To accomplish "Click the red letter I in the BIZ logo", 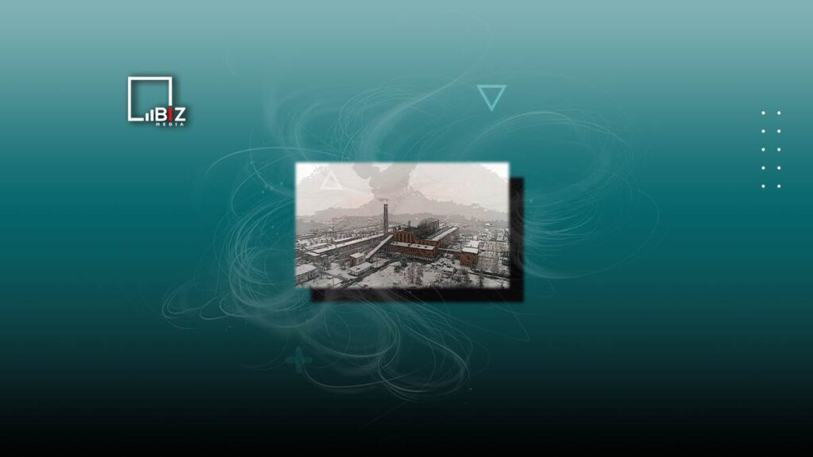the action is coord(168,115).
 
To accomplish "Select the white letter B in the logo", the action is coord(159,115).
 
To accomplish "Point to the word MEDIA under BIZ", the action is coord(170,125).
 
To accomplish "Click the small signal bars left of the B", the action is coord(148,116).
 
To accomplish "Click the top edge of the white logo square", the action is coord(150,79).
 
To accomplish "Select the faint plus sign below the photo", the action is coord(299,360).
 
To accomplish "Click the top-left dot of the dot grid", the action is coord(763,113).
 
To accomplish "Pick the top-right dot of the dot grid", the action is coord(779,113).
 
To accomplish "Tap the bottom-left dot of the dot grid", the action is coord(763,186).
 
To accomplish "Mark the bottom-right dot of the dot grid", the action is coord(779,186).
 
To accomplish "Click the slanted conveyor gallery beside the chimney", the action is coord(379,248).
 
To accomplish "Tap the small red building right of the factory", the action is coord(470,256).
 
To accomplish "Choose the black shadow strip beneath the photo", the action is coord(418,295).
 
